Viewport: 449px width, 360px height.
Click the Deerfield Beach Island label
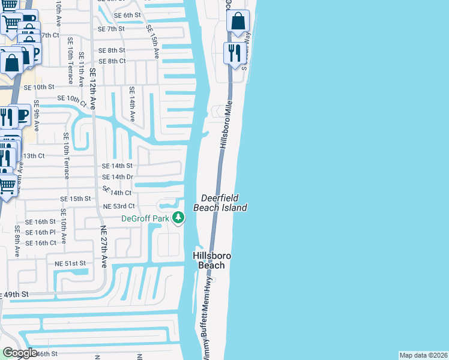(x=220, y=202)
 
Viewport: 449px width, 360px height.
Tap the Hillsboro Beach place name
(x=212, y=260)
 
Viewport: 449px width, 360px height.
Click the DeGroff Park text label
(x=145, y=218)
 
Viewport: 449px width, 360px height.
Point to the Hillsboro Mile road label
(x=226, y=125)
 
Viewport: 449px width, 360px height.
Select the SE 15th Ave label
(x=152, y=41)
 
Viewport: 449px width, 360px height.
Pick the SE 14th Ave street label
(x=133, y=104)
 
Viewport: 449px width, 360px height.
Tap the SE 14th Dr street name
(x=117, y=177)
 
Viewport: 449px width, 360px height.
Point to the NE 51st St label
(x=71, y=263)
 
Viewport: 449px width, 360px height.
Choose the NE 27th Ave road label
(x=103, y=246)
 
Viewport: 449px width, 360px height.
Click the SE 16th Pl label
(x=45, y=232)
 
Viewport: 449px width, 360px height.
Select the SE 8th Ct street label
(x=112, y=61)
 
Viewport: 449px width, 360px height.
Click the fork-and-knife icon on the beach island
(x=235, y=53)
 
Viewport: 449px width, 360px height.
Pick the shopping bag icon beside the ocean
(x=238, y=22)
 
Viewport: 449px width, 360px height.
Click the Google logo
(x=20, y=353)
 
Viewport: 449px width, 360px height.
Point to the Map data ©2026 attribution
(x=424, y=355)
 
